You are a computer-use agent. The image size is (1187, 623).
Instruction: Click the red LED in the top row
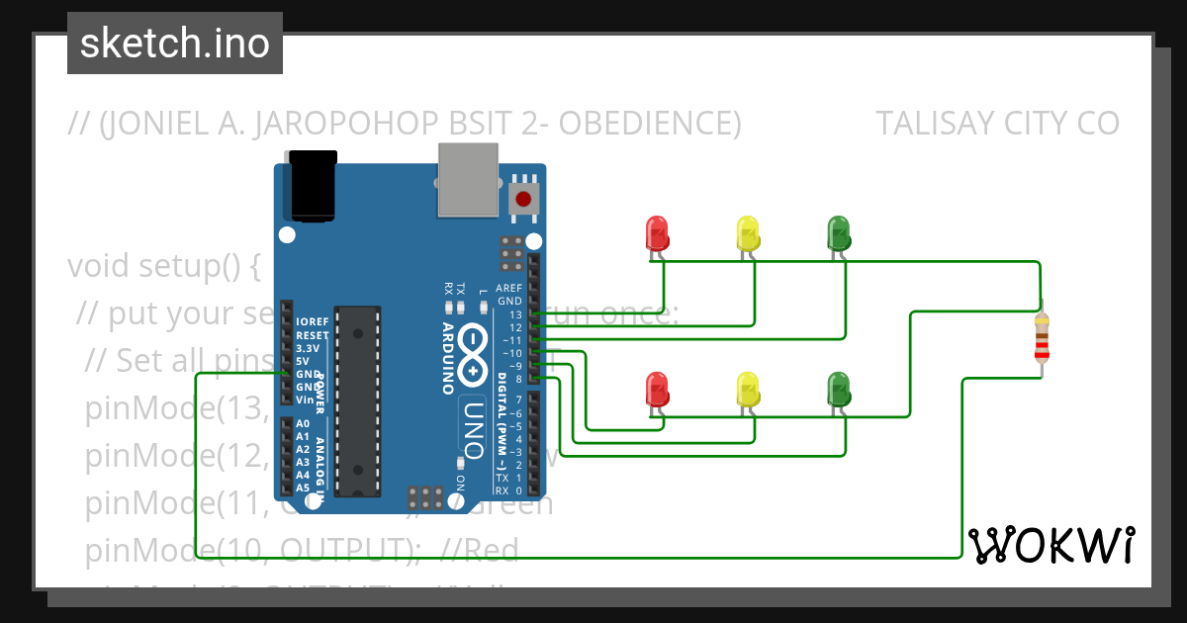pyautogui.click(x=657, y=233)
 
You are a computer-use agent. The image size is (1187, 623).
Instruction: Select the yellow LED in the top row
pyautogui.click(x=748, y=233)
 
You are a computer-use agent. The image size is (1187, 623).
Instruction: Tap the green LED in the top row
pyautogui.click(x=838, y=233)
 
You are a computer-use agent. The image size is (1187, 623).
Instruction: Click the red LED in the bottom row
pyautogui.click(x=657, y=389)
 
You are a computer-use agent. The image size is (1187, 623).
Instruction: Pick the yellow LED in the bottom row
pyautogui.click(x=748, y=389)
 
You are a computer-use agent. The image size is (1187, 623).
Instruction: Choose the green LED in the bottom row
pyautogui.click(x=838, y=389)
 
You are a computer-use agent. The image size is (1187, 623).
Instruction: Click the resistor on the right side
pyautogui.click(x=1041, y=339)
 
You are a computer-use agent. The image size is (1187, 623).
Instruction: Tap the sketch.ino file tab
pyautogui.click(x=175, y=44)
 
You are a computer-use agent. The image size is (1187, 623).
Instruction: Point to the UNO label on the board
pyautogui.click(x=473, y=427)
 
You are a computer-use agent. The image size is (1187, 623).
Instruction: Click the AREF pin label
pyautogui.click(x=509, y=288)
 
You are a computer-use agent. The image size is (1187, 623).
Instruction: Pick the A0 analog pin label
pyautogui.click(x=303, y=423)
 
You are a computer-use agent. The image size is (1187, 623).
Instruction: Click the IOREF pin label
pyautogui.click(x=312, y=322)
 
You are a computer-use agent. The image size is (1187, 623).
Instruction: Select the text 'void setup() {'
pyautogui.click(x=163, y=267)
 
